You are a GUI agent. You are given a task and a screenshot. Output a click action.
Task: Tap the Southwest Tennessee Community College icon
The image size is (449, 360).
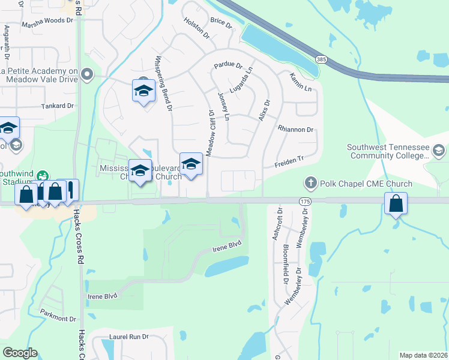click(x=439, y=150)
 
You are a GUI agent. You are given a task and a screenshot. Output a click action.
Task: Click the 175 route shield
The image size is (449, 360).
click(x=305, y=202)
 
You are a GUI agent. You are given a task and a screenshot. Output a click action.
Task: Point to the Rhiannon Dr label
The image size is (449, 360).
click(x=296, y=130)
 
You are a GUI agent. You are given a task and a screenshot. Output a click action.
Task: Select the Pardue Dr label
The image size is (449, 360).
click(x=228, y=65)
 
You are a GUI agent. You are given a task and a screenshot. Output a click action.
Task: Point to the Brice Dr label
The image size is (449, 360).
click(x=221, y=22)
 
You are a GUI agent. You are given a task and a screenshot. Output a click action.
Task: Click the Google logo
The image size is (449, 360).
click(x=20, y=352)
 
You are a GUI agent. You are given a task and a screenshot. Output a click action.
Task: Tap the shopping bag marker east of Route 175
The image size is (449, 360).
click(x=396, y=203)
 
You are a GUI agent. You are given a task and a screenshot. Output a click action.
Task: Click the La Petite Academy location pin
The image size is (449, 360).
click(x=88, y=74)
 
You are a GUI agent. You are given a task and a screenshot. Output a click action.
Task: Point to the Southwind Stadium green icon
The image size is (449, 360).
click(x=42, y=176)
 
